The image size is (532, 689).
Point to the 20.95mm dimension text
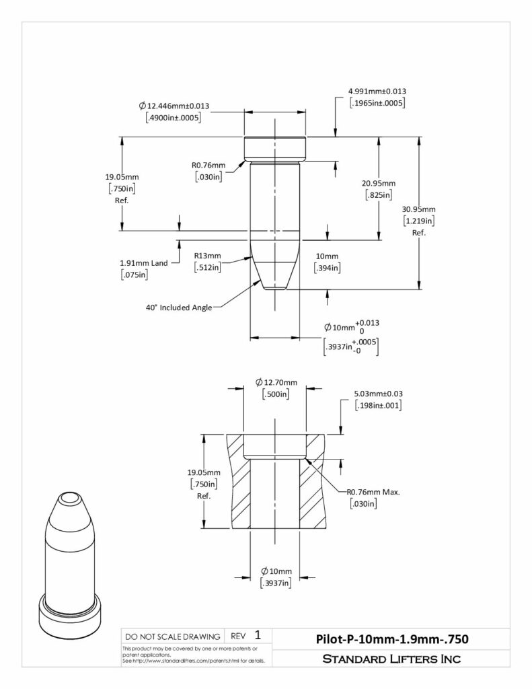[x=378, y=183]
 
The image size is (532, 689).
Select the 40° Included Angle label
[x=179, y=307]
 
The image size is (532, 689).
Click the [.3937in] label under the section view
[x=276, y=583]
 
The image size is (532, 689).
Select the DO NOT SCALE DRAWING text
[x=173, y=637]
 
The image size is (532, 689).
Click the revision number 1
[x=258, y=635]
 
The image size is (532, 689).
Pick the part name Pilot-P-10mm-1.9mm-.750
[x=392, y=639]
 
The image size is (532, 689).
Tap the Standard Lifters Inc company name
[x=391, y=659]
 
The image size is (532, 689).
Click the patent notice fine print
[x=194, y=655]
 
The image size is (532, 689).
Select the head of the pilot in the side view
[x=275, y=149]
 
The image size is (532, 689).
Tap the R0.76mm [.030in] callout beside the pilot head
[x=208, y=171]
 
